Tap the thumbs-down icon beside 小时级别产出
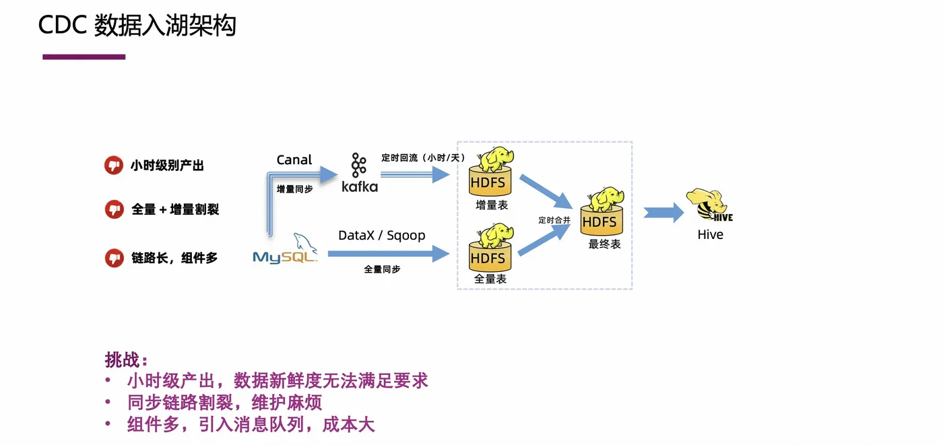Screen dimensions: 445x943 point(114,165)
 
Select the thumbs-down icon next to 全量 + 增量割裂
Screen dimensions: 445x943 point(114,209)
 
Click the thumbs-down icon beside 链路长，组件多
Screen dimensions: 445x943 point(114,257)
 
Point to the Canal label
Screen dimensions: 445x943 point(294,160)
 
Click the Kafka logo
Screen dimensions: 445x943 point(359,173)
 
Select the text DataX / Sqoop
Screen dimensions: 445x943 point(381,236)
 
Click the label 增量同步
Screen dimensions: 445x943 point(294,189)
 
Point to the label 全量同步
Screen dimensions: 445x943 point(382,269)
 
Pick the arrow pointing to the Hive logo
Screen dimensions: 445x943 point(663,213)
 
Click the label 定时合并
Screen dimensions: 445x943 point(554,220)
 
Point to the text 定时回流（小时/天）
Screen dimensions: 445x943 point(423,158)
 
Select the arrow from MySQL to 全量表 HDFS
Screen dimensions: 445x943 point(388,254)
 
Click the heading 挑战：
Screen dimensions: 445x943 point(126,360)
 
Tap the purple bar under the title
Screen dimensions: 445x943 point(84,57)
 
